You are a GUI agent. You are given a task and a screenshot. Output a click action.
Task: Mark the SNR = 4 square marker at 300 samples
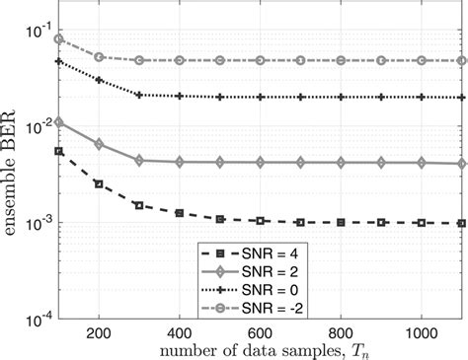pyautogui.click(x=138, y=205)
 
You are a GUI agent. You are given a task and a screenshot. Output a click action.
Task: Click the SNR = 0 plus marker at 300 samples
pyautogui.click(x=138, y=95)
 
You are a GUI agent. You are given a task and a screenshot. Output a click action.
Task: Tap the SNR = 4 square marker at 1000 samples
pyautogui.click(x=422, y=223)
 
